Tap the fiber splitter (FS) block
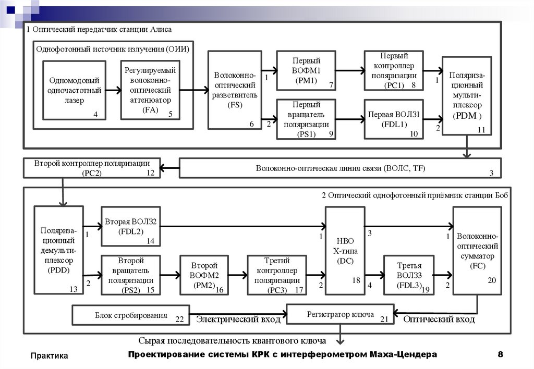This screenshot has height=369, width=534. pyautogui.click(x=234, y=90)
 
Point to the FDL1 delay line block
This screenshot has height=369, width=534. pyautogui.click(x=393, y=119)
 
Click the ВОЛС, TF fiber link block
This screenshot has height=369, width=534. pyautogui.click(x=340, y=168)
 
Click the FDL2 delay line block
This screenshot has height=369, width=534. pyautogui.click(x=130, y=226)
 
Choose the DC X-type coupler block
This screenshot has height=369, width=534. pyautogui.click(x=344, y=250)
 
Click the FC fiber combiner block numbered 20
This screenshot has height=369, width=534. pyautogui.click(x=477, y=250)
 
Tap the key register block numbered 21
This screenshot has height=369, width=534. pyautogui.click(x=340, y=315)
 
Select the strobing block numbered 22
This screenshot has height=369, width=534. pyautogui.click(x=130, y=315)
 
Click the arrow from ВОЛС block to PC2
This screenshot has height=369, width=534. pyautogui.click(x=169, y=168)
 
